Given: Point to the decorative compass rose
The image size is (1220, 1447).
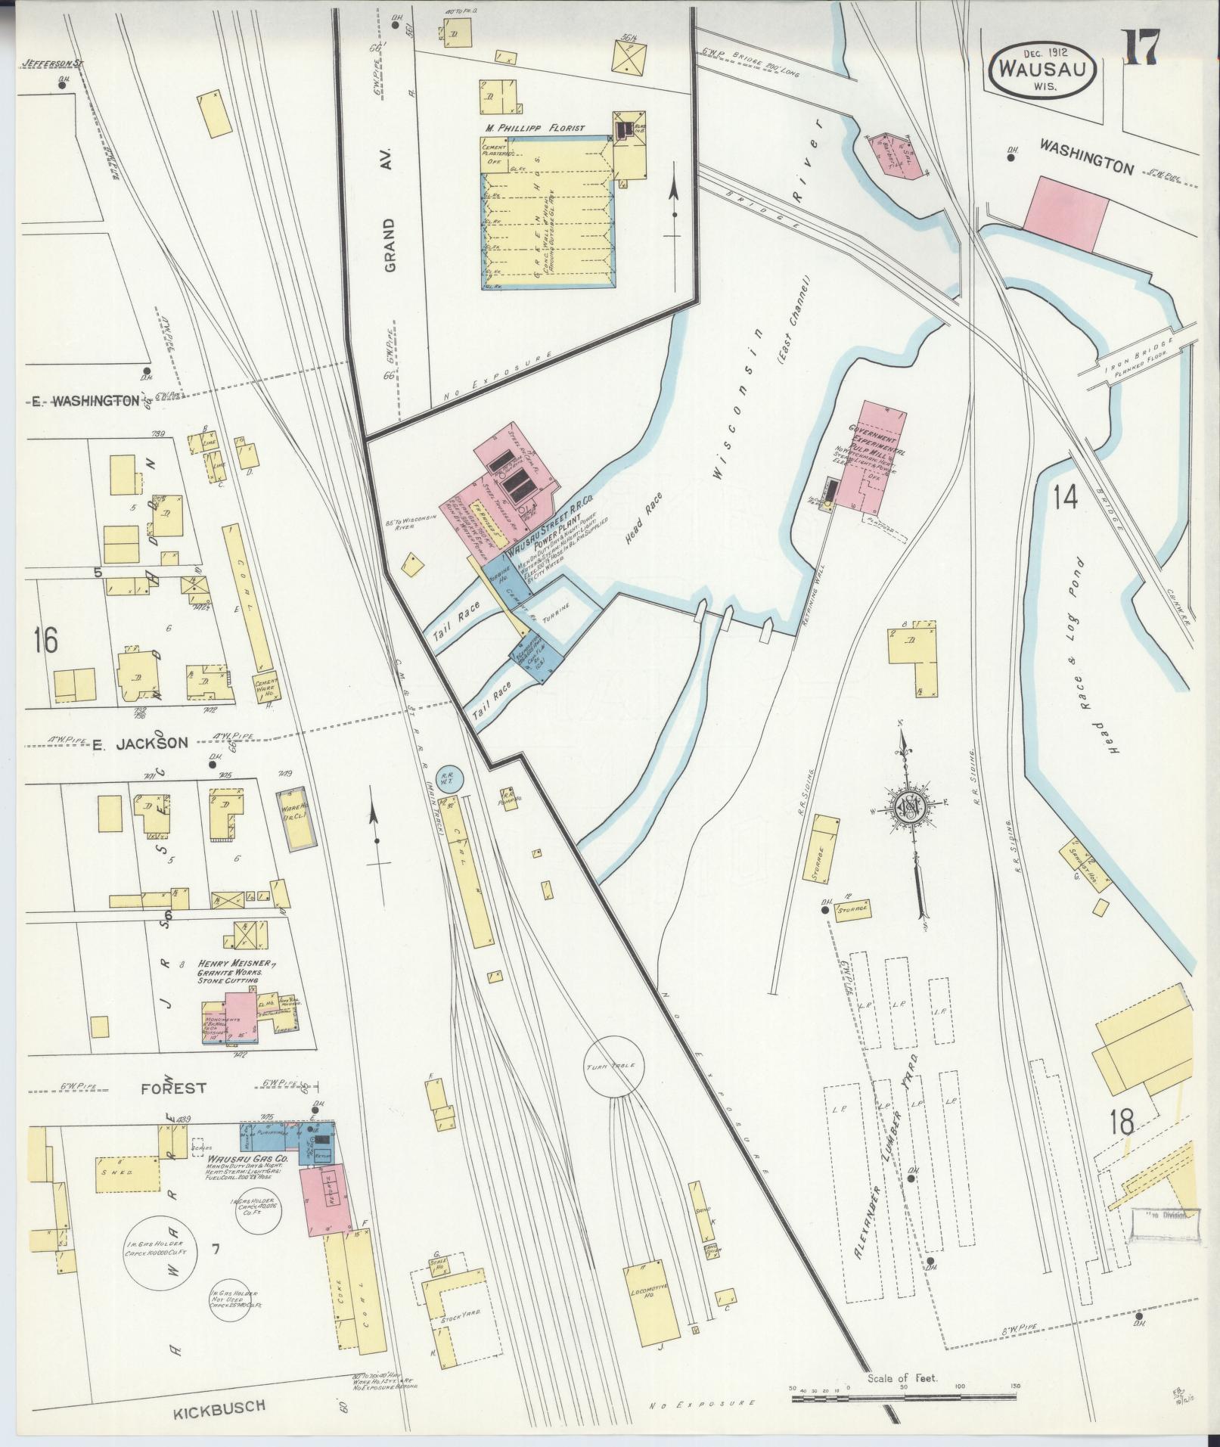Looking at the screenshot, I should [909, 807].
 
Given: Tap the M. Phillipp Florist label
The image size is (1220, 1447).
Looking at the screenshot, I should [536, 129].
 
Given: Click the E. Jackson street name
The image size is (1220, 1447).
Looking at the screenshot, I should [141, 744].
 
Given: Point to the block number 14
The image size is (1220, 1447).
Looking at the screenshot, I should [1065, 497].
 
